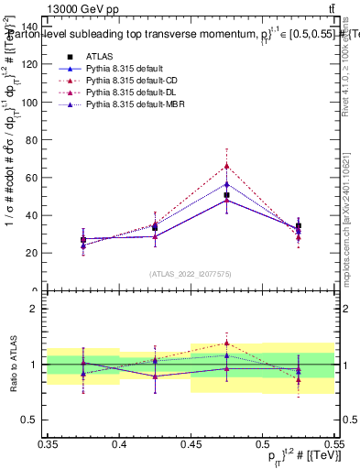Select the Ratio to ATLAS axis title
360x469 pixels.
coord(12,364)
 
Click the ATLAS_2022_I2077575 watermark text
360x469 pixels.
coord(191,273)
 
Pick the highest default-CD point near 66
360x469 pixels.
coord(226,167)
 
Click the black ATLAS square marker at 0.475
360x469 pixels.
coord(226,195)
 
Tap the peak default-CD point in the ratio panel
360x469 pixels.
coord(226,343)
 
